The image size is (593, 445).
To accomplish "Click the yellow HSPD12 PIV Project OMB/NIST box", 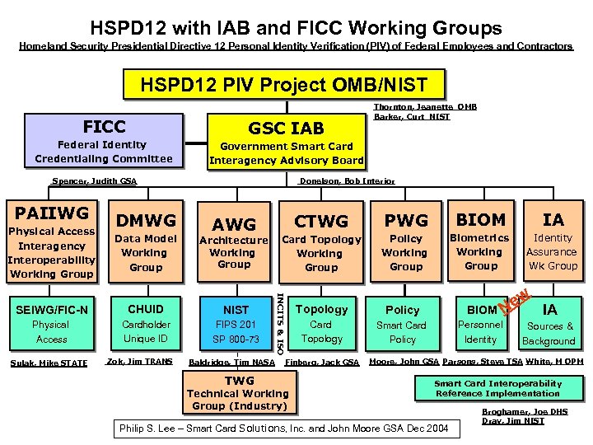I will [x=284, y=85].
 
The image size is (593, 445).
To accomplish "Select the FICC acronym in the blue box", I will [x=105, y=126].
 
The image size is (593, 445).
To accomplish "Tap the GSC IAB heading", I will [x=286, y=128].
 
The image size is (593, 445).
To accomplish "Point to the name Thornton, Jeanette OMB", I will [x=425, y=107].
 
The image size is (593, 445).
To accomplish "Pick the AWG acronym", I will [x=234, y=223].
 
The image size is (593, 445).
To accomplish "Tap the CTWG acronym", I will [x=321, y=221].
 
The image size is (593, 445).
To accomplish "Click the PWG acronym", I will [x=406, y=220].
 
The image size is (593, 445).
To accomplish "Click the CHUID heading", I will [x=146, y=309].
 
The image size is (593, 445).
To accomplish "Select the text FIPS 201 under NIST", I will [x=236, y=325].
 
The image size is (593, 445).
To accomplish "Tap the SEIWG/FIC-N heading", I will [x=52, y=309].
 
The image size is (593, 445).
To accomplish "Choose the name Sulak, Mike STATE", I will [x=49, y=362].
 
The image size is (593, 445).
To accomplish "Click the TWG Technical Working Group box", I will [x=239, y=393].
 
